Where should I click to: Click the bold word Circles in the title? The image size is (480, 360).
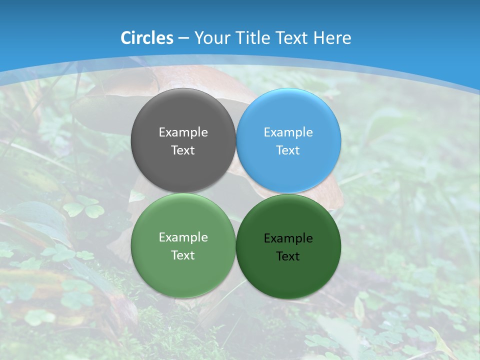click(x=147, y=38)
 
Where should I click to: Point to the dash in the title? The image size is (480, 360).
click(x=183, y=38)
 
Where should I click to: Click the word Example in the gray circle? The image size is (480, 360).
click(x=183, y=132)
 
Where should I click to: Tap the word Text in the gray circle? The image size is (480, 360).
click(x=183, y=150)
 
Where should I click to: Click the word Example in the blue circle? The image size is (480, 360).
click(x=288, y=132)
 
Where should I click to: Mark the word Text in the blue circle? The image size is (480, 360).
click(x=288, y=150)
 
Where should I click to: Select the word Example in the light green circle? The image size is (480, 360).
click(x=183, y=237)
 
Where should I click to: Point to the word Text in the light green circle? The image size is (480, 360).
click(x=183, y=255)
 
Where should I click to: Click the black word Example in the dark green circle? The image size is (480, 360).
click(x=288, y=238)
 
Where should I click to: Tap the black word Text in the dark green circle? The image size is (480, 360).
click(x=288, y=256)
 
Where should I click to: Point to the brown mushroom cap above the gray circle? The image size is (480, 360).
click(x=190, y=80)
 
